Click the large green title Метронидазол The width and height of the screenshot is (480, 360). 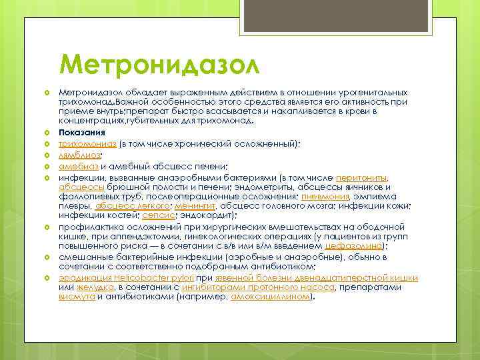158,66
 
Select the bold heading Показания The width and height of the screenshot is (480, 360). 81,132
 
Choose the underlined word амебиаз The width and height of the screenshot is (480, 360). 77,166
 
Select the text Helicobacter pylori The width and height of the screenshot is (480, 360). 154,277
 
